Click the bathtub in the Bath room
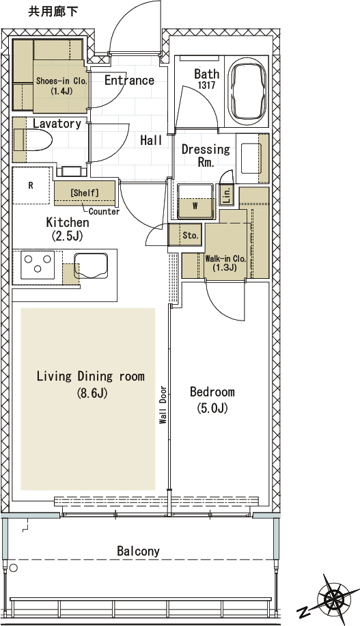(x=248, y=92)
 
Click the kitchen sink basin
(x=91, y=264)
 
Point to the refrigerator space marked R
(x=31, y=186)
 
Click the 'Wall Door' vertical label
(x=163, y=405)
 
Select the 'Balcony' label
(x=138, y=552)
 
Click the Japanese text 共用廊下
(x=53, y=12)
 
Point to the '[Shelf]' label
(x=85, y=193)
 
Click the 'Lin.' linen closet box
(x=226, y=195)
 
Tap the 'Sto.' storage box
(x=186, y=235)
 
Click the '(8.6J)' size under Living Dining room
(x=92, y=394)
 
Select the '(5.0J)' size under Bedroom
(x=212, y=408)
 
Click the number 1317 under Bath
(x=207, y=85)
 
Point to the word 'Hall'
(x=151, y=140)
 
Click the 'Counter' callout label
(x=104, y=212)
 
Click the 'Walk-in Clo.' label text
(x=225, y=259)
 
